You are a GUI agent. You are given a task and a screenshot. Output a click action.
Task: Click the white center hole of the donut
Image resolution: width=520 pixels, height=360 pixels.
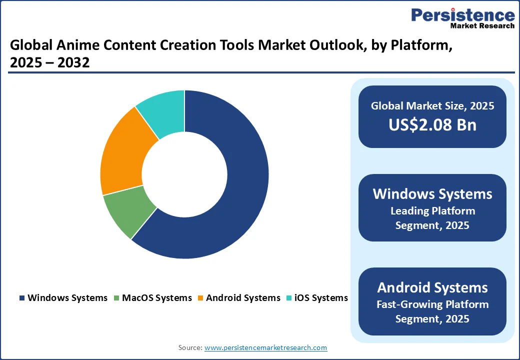(x=184, y=174)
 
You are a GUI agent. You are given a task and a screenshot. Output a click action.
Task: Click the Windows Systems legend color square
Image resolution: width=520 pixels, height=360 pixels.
(x=22, y=298)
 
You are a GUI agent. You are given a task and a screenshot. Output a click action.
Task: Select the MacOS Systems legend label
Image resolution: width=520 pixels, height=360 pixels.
(x=156, y=298)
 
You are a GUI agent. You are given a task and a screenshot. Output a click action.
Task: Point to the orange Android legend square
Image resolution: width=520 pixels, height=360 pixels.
(x=200, y=298)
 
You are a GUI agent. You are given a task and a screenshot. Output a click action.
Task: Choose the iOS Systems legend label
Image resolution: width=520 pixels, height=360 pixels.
(x=321, y=298)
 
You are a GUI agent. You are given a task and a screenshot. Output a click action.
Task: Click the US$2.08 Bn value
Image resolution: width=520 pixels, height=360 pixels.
(x=432, y=125)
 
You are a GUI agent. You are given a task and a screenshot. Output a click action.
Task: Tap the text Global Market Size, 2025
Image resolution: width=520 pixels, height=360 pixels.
(x=432, y=105)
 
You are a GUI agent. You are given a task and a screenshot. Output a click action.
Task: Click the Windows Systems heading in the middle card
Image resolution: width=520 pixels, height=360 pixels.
(x=432, y=194)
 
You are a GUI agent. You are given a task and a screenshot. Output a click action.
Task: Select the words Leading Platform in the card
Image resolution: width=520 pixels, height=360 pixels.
(x=432, y=210)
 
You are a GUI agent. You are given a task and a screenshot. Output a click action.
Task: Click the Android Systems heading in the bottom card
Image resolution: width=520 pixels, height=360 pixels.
(x=432, y=287)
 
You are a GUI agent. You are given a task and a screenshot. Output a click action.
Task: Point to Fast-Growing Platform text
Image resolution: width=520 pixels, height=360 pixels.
(x=432, y=304)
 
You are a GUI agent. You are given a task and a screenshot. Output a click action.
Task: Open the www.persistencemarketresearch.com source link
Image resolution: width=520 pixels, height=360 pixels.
(x=266, y=347)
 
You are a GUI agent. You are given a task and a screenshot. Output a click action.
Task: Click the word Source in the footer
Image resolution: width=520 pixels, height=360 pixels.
(x=190, y=347)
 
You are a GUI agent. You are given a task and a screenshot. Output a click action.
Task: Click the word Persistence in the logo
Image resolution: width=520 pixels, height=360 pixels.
(x=462, y=15)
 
